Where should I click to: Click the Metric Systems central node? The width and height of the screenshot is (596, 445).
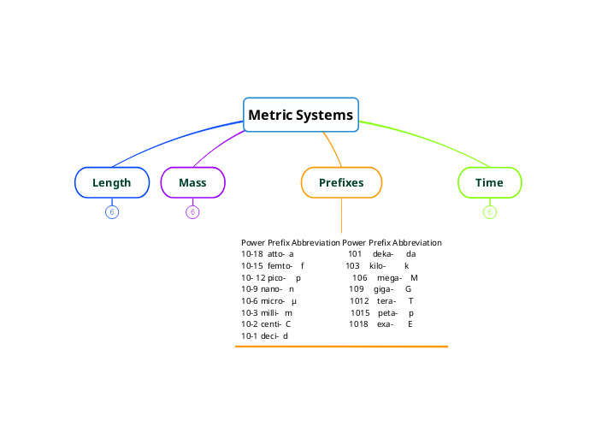(x=300, y=115)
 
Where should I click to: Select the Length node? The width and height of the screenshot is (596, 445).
(x=111, y=182)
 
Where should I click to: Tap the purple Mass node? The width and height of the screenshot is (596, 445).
(x=192, y=182)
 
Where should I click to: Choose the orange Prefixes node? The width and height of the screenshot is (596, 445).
(x=341, y=182)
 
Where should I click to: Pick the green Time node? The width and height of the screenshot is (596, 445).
(x=489, y=182)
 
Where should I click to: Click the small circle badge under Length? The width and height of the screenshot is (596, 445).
(x=111, y=212)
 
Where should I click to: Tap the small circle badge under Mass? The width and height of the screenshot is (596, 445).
(x=192, y=212)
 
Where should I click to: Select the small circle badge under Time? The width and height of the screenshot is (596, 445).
(x=489, y=212)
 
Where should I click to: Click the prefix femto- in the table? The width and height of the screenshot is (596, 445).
(x=280, y=266)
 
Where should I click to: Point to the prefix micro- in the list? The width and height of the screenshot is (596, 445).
(x=273, y=301)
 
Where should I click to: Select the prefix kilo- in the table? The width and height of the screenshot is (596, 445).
(x=377, y=266)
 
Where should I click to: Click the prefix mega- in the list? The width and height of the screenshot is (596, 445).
(x=389, y=278)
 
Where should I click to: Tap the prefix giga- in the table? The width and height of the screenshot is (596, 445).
(x=382, y=289)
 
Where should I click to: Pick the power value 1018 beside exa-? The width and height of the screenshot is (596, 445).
(x=358, y=324)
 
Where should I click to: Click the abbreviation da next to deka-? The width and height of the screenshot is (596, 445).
(x=410, y=254)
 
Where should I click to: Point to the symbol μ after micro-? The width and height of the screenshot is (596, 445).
(x=293, y=301)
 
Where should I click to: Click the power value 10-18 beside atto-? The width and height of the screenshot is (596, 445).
(x=251, y=254)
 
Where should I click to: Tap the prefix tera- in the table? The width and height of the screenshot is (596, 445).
(x=386, y=301)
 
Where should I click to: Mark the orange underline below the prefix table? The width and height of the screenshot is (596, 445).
(x=341, y=347)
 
